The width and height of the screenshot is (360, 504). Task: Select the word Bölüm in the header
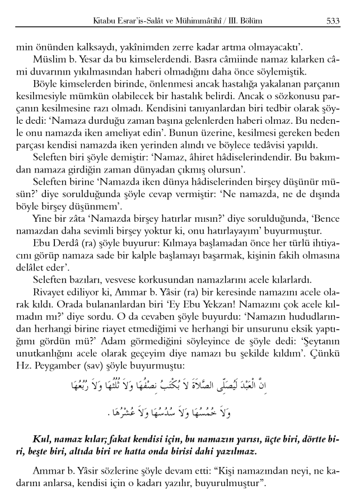click(249, 21)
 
